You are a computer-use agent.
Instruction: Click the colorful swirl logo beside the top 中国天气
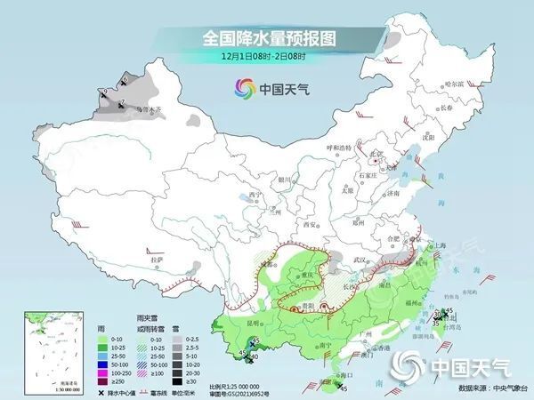tap(242, 88)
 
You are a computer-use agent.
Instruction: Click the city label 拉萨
tap(158, 259)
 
